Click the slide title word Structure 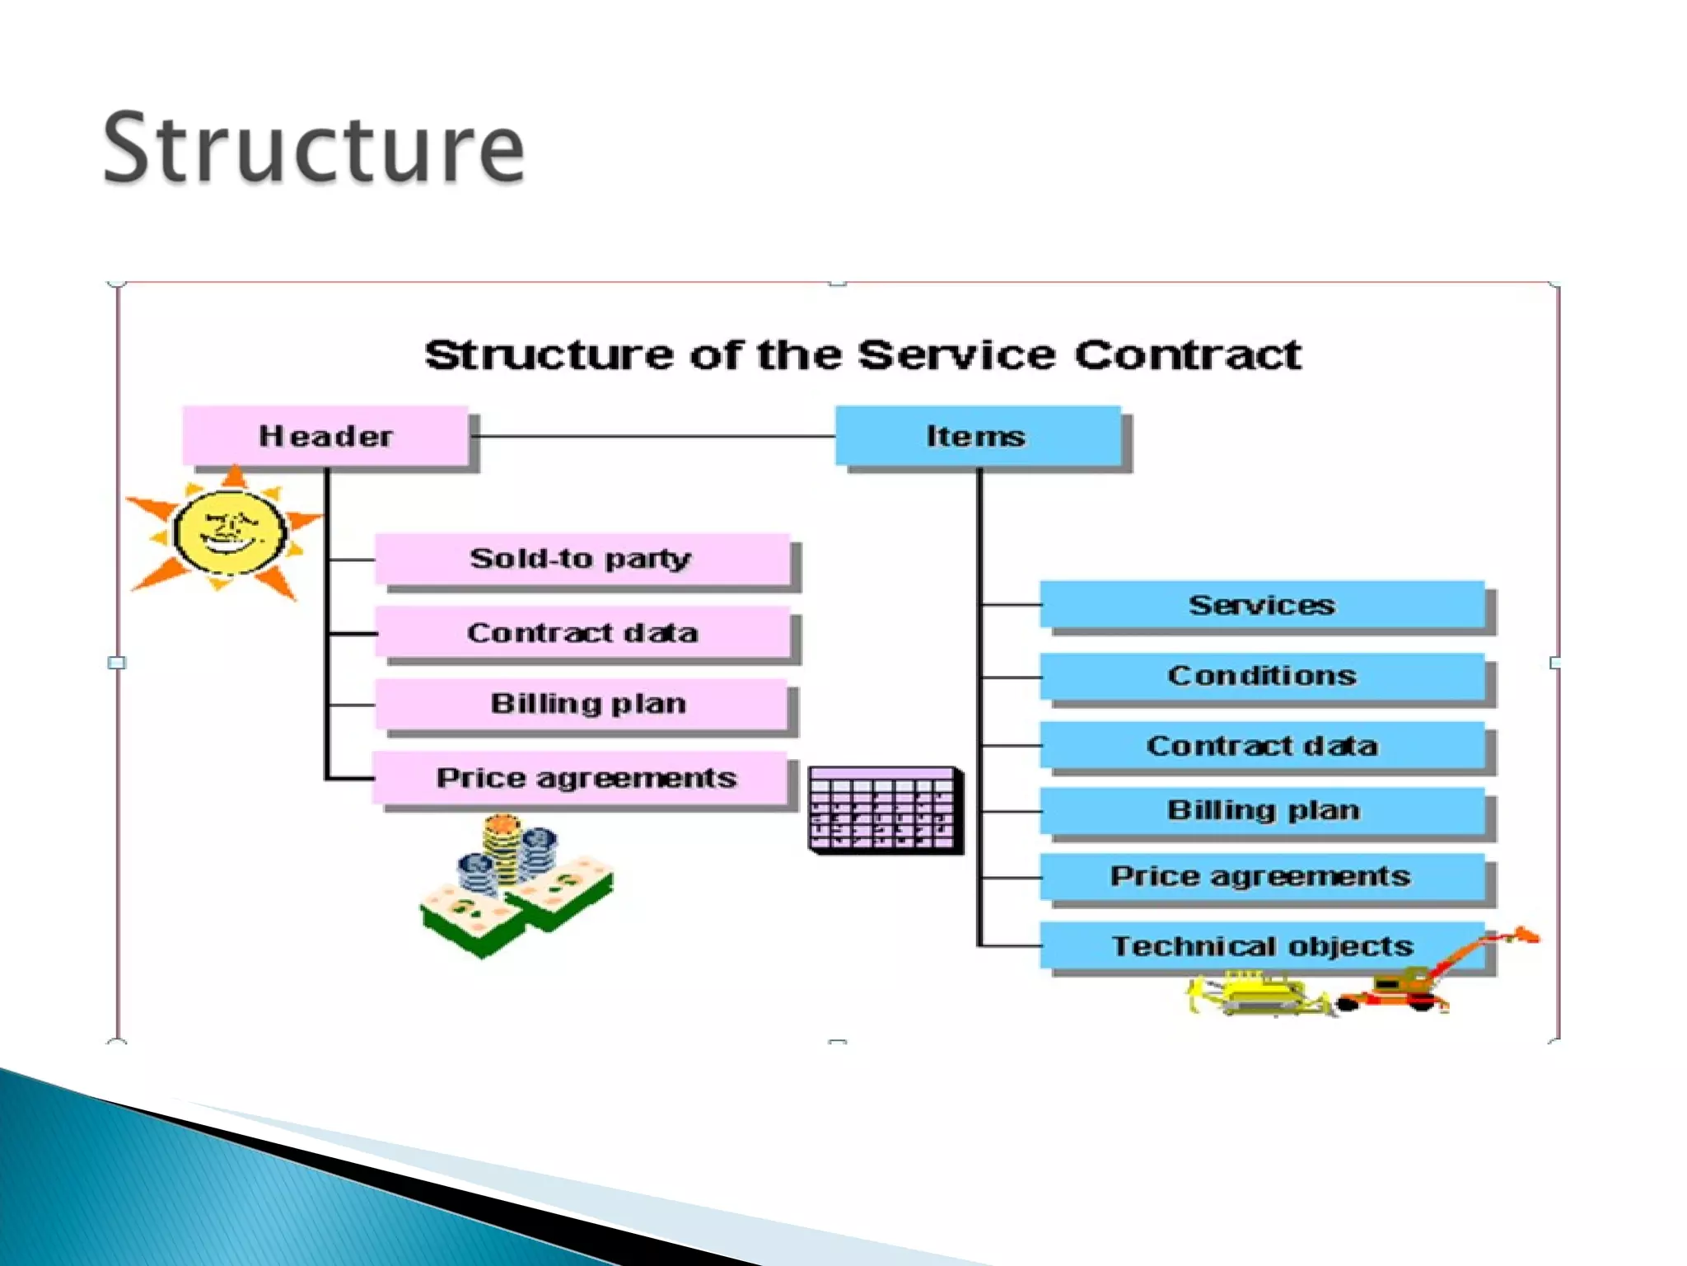pyautogui.click(x=313, y=148)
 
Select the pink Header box pyautogui.click(x=325, y=435)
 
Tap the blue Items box pyautogui.click(x=978, y=435)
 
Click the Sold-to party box pyautogui.click(x=582, y=559)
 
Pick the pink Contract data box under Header pyautogui.click(x=582, y=632)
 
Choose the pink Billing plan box pyautogui.click(x=582, y=704)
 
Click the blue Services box pyautogui.click(x=1262, y=605)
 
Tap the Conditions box pyautogui.click(x=1262, y=676)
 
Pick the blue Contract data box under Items pyautogui.click(x=1262, y=746)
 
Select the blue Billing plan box pyautogui.click(x=1262, y=810)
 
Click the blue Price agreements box pyautogui.click(x=1262, y=875)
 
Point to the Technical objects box pyautogui.click(x=1262, y=945)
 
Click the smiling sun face pyautogui.click(x=229, y=532)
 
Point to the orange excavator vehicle pyautogui.click(x=1425, y=981)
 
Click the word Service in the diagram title pyautogui.click(x=956, y=355)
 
